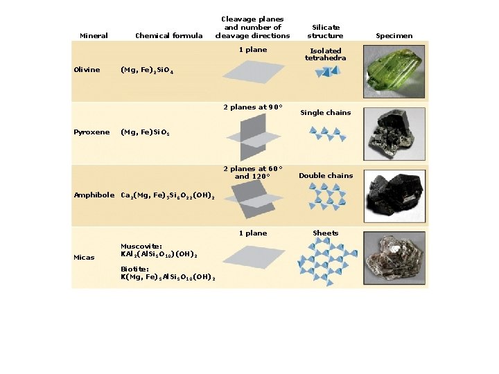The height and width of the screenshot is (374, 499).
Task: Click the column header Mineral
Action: [x=94, y=35]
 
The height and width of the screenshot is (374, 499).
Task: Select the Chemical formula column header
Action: [x=169, y=35]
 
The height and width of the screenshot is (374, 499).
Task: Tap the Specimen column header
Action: [x=394, y=35]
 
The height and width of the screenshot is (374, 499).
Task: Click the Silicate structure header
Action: [x=325, y=31]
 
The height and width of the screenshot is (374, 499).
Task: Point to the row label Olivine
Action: [x=87, y=69]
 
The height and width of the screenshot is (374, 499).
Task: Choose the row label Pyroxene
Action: [x=91, y=132]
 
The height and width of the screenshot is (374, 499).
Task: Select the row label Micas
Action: [x=85, y=258]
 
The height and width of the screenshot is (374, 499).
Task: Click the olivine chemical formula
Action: [x=147, y=70]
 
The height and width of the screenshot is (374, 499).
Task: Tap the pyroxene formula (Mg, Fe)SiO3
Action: [x=150, y=132]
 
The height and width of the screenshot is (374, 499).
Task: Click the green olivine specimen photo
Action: [x=396, y=69]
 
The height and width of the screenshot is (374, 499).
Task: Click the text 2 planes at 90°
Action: [x=253, y=107]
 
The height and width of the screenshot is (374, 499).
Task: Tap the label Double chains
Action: [x=326, y=175]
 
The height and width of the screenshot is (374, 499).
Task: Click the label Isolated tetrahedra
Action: [x=326, y=54]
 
